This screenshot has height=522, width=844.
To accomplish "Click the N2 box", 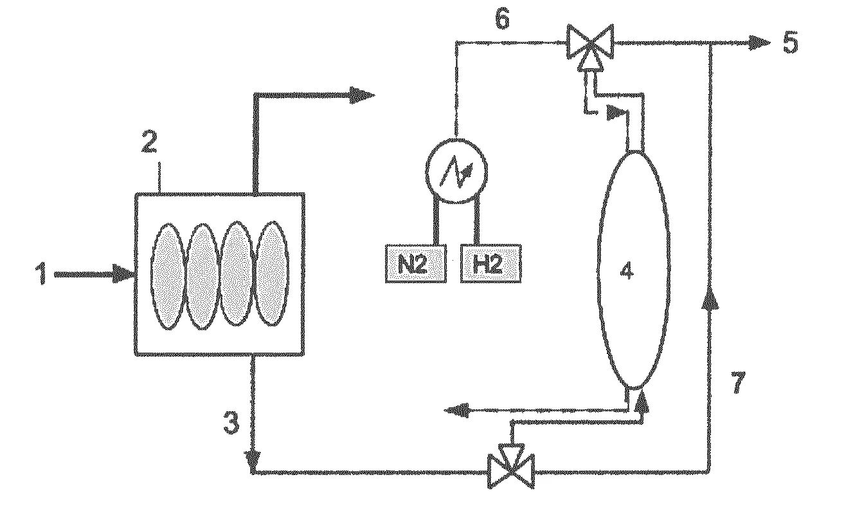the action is [x=416, y=264].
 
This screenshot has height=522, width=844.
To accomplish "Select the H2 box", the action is [x=491, y=264].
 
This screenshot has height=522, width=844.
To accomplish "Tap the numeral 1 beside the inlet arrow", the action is [x=41, y=274].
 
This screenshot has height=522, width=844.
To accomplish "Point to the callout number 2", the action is [x=149, y=142].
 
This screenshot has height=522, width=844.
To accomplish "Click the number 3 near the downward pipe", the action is [x=231, y=422].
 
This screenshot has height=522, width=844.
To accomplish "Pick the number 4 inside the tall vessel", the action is [x=627, y=271].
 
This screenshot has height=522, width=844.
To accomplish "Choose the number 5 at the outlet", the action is [x=791, y=42].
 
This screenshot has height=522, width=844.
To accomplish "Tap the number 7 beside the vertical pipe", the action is [x=738, y=382].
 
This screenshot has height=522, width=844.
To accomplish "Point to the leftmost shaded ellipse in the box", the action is [x=168, y=276].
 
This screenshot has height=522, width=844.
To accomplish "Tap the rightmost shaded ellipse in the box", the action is [x=272, y=273].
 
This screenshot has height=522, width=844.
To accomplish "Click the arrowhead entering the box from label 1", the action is [x=124, y=274].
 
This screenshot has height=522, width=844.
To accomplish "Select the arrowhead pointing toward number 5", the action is [x=759, y=42].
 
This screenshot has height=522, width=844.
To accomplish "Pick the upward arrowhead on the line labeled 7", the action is [x=710, y=298].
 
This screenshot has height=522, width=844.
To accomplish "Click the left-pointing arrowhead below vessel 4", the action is [x=456, y=411].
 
